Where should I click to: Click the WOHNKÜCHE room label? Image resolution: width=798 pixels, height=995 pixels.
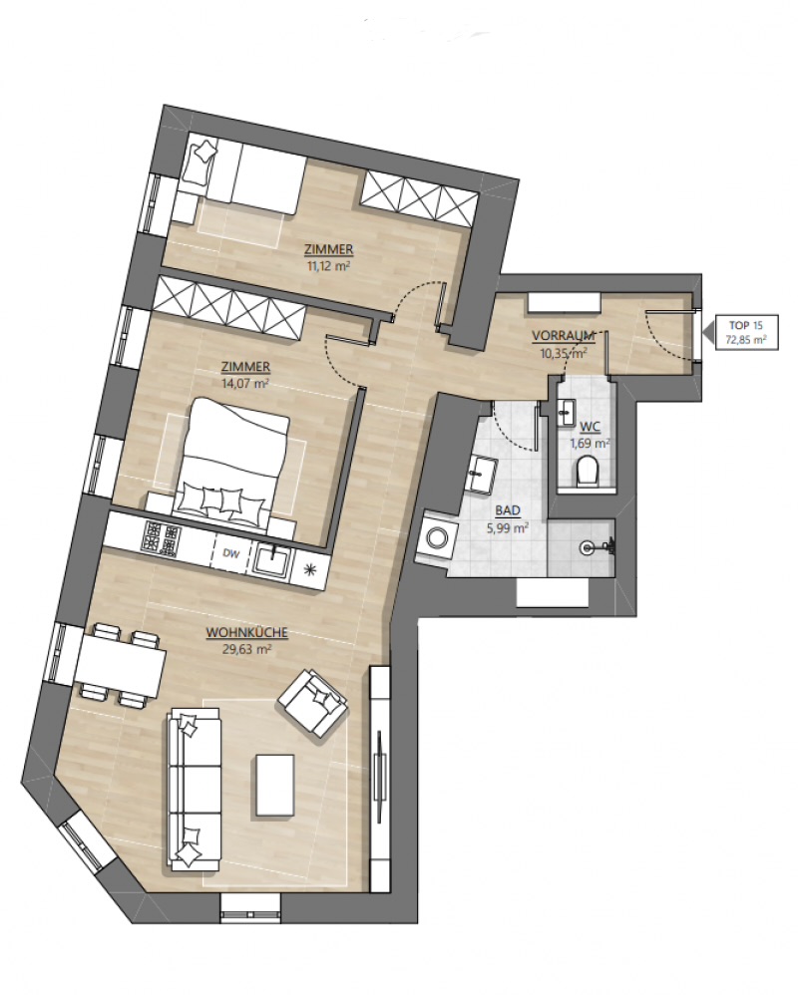pyautogui.click(x=247, y=633)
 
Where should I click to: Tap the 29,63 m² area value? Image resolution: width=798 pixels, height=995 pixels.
pyautogui.click(x=248, y=648)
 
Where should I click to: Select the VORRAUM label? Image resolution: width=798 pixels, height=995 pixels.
pyautogui.click(x=564, y=335)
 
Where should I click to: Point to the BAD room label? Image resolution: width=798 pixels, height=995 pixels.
pyautogui.click(x=508, y=510)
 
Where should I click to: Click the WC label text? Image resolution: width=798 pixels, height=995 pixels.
pyautogui.click(x=591, y=428)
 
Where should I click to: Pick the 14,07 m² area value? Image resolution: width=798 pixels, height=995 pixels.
pyautogui.click(x=245, y=383)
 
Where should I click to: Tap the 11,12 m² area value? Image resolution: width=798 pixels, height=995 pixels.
pyautogui.click(x=329, y=266)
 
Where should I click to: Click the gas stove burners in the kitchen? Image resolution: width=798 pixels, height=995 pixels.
pyautogui.click(x=162, y=537)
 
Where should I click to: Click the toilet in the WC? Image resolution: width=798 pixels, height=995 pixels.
pyautogui.click(x=588, y=472)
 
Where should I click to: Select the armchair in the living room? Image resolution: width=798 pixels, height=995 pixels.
pyautogui.click(x=313, y=702)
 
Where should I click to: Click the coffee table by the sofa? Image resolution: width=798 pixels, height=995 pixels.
pyautogui.click(x=275, y=785)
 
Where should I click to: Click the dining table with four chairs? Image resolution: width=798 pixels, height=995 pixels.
pyautogui.click(x=120, y=665)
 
